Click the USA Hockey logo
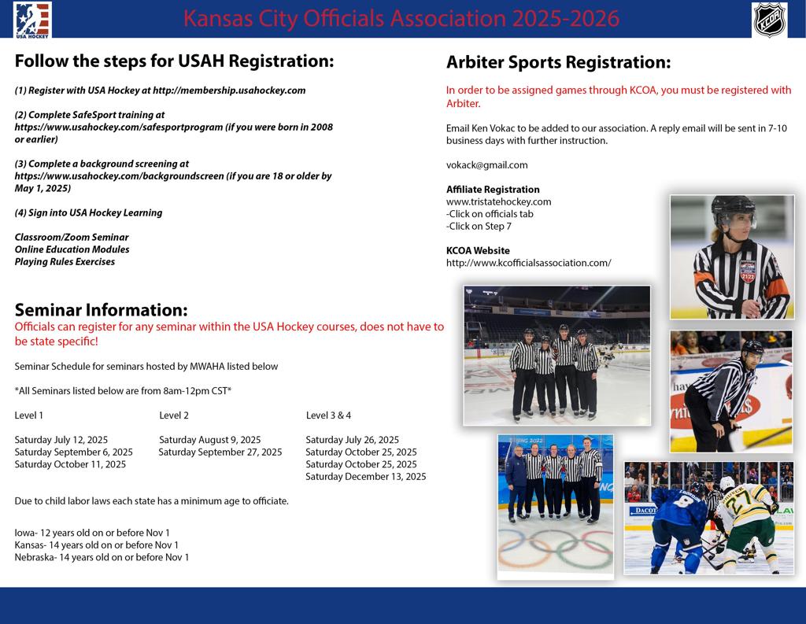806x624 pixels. click(32, 19)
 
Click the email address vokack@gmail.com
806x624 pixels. click(486, 165)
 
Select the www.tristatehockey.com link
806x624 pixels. click(498, 201)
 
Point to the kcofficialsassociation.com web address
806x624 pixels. click(528, 263)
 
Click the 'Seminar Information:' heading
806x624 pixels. click(101, 310)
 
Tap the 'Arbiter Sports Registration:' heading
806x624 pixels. click(558, 62)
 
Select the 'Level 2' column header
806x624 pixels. click(174, 415)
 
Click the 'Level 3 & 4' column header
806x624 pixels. click(328, 415)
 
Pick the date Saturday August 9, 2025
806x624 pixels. click(209, 440)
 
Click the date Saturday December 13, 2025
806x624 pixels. click(365, 476)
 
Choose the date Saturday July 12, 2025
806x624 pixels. click(61, 440)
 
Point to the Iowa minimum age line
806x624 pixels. click(92, 533)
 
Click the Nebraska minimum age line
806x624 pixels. click(102, 557)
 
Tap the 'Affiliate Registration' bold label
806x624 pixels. click(493, 190)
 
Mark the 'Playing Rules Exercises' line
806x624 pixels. click(65, 262)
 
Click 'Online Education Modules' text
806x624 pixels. click(72, 249)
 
